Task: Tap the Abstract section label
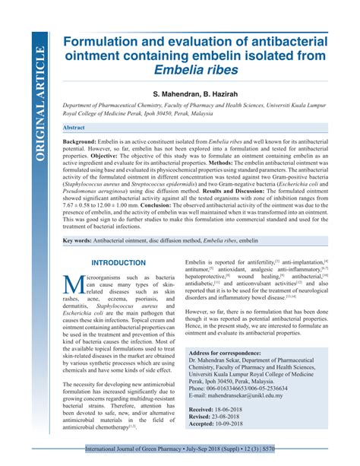point(74,128)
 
